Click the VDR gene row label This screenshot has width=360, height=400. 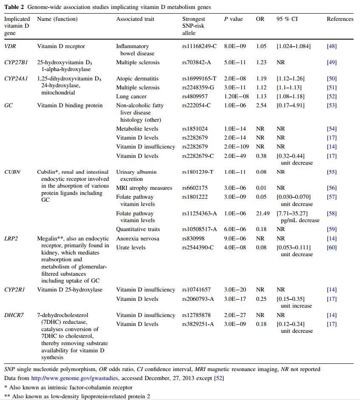tap(10, 46)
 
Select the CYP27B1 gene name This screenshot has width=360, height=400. tap(16, 62)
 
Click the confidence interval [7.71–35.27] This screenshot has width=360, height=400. tap(292, 213)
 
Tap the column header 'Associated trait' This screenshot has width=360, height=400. tap(135, 19)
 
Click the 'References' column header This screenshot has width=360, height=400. tap(340, 19)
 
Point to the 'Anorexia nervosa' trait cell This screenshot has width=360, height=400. tap(137, 239)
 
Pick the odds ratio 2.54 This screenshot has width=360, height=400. tap(261, 105)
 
